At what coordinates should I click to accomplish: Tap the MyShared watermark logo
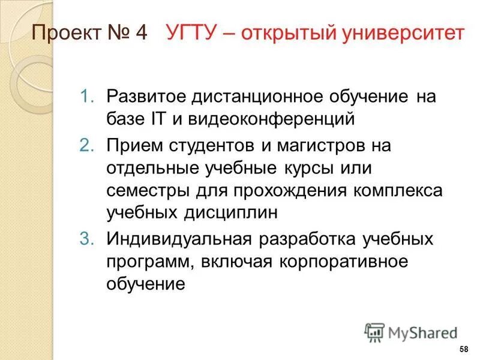pos(410,332)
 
